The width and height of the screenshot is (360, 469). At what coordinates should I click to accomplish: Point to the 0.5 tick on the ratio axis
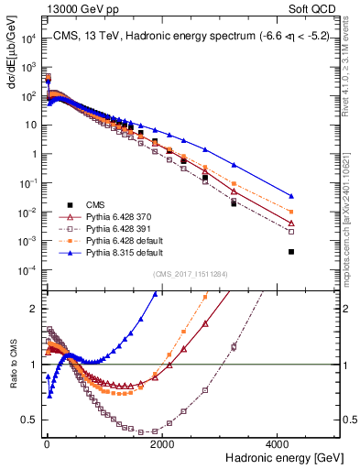click(33, 420)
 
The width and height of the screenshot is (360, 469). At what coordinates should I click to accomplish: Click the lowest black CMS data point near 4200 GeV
click(291, 251)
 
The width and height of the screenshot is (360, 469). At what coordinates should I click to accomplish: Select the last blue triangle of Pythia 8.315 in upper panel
click(291, 196)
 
